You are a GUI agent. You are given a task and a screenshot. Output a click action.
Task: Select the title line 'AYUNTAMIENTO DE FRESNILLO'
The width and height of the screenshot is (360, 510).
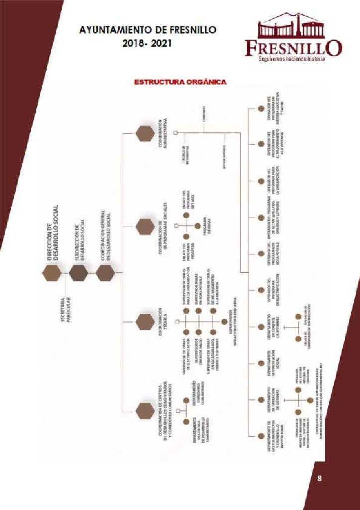[147, 31]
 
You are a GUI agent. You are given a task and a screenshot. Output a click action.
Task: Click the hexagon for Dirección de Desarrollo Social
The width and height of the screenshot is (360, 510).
[52, 273]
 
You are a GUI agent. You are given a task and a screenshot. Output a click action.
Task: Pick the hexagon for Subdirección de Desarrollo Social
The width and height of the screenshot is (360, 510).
[78, 273]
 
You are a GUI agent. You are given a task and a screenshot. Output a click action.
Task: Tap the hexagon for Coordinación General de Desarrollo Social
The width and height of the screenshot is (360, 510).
[105, 273]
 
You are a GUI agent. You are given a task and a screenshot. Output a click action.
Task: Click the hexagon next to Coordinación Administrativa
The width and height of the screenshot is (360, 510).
[145, 133]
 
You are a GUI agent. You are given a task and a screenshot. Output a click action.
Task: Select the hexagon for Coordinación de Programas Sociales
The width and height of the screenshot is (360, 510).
[145, 226]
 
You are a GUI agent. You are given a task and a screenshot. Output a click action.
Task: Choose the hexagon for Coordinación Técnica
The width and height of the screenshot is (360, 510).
[145, 320]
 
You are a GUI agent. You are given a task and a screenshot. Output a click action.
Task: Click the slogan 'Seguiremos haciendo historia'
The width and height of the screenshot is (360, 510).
[291, 59]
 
